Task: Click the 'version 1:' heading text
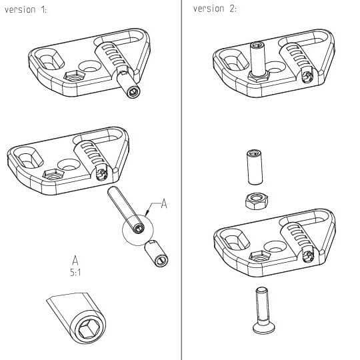(25, 10)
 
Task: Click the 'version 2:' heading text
(215, 9)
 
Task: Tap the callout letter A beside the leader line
(164, 203)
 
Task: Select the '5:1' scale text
(75, 273)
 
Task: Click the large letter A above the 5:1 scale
(75, 260)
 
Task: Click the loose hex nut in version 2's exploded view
(257, 201)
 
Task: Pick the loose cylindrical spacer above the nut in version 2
(255, 167)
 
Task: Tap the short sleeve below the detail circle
(157, 253)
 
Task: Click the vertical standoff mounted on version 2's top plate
(257, 59)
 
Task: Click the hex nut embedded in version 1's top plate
(74, 76)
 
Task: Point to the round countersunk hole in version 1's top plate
(89, 66)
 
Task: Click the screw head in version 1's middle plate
(101, 175)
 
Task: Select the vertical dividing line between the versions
(181, 180)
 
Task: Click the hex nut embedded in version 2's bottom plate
(260, 257)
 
